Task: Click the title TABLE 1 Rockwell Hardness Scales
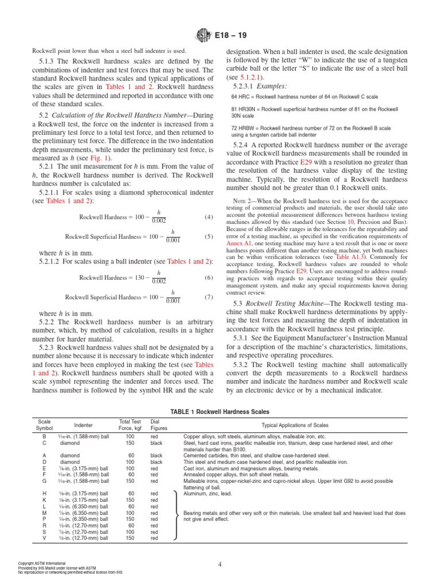pos(220,411)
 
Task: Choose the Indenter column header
pos(83,425)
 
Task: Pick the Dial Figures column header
pos(158,425)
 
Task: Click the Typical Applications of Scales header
pos(303,425)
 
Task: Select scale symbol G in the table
pos(44,481)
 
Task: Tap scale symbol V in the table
pos(44,538)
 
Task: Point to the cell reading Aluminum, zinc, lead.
pos(208,493)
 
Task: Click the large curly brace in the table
pos(175,516)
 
